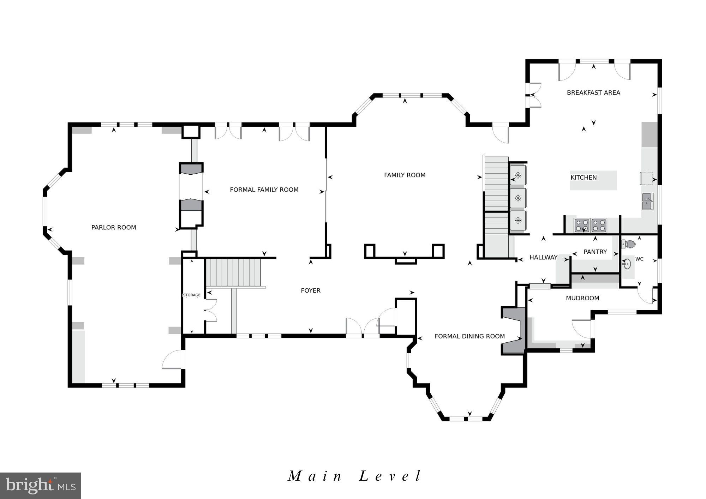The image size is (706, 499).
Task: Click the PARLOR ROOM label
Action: [x=114, y=228]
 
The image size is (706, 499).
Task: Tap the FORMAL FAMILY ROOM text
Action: [x=264, y=190]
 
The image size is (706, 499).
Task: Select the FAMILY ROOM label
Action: [x=405, y=175]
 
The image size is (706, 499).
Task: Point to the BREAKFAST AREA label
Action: [x=593, y=93]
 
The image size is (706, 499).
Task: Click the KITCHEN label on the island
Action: [x=584, y=178]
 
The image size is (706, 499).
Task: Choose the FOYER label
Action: [x=311, y=290]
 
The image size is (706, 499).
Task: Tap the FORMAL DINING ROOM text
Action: [x=469, y=336]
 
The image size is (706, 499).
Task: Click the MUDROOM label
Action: [x=582, y=298]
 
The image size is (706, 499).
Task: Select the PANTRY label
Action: [x=595, y=252]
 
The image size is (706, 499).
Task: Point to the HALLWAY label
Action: [x=543, y=258]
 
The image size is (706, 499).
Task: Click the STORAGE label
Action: [x=192, y=295]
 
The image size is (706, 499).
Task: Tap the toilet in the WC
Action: [x=629, y=244]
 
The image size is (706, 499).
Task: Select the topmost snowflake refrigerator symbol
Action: [x=518, y=175]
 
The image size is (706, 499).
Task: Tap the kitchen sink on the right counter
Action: [x=647, y=201]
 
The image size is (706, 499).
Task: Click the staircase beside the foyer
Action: [x=233, y=272]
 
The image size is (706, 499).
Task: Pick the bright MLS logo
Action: [x=41, y=486]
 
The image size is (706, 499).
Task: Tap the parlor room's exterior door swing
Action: [x=172, y=360]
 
